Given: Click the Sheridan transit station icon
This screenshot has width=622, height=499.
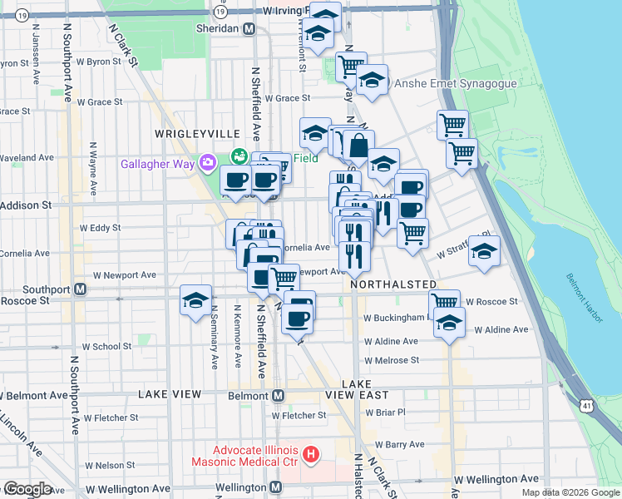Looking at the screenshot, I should [x=249, y=29].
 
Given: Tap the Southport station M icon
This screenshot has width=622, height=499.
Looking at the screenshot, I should [x=80, y=289].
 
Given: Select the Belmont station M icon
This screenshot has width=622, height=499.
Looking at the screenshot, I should [x=279, y=395].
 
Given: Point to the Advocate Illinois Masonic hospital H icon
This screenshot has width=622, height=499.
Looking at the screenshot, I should [x=311, y=454].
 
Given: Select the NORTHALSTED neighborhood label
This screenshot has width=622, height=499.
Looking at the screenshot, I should [x=393, y=284].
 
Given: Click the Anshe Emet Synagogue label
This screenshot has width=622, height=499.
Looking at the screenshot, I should [x=456, y=83].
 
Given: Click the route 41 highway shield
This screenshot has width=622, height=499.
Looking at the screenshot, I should [x=588, y=404].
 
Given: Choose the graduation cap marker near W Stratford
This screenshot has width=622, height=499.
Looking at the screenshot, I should [x=484, y=251].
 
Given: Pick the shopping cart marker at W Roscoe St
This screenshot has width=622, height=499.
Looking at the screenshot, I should [x=445, y=301].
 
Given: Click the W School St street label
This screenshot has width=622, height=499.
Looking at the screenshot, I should [x=106, y=347].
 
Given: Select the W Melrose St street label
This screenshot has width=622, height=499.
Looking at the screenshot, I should [x=391, y=360].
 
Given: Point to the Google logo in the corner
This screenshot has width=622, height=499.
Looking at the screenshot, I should [x=27, y=489].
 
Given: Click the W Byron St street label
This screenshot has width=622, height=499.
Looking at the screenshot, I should [x=99, y=62].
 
